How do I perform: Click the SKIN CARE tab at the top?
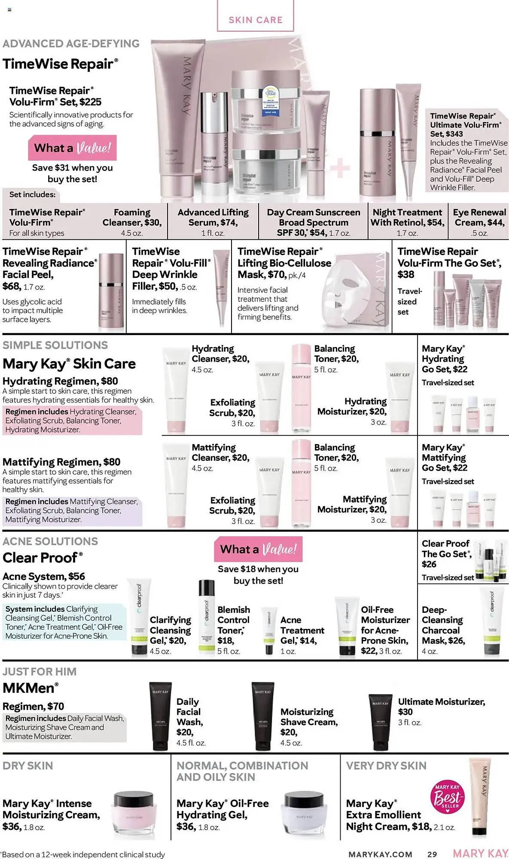[x=255, y=20]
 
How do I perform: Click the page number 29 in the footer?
[x=432, y=854]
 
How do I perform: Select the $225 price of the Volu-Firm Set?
[x=91, y=102]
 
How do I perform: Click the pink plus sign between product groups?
[x=340, y=168]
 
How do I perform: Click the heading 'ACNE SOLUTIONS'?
[x=50, y=541]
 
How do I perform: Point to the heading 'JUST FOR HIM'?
[x=40, y=671]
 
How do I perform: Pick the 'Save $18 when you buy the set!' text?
[x=258, y=575]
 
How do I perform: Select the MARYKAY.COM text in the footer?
[x=380, y=854]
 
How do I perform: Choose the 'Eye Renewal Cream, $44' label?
[x=479, y=217]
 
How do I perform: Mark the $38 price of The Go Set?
[x=406, y=274]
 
